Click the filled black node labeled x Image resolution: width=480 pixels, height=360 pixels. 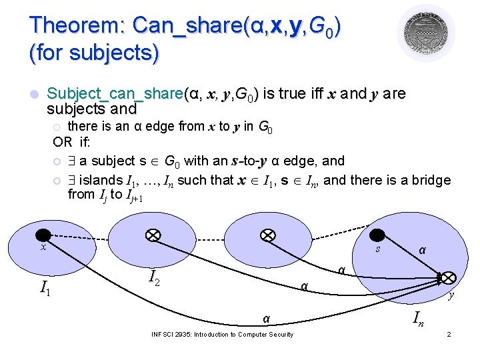click(x=43, y=234)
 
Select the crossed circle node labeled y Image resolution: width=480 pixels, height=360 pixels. click(x=448, y=277)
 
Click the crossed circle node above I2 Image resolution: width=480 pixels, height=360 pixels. click(x=153, y=235)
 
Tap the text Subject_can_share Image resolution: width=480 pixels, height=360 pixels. click(x=116, y=93)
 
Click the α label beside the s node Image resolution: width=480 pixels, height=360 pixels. click(x=421, y=249)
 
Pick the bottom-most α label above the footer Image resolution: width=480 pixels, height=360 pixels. click(x=266, y=319)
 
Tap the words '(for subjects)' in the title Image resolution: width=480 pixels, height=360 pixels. click(x=94, y=53)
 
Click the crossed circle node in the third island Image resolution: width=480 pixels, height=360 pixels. click(x=267, y=235)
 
